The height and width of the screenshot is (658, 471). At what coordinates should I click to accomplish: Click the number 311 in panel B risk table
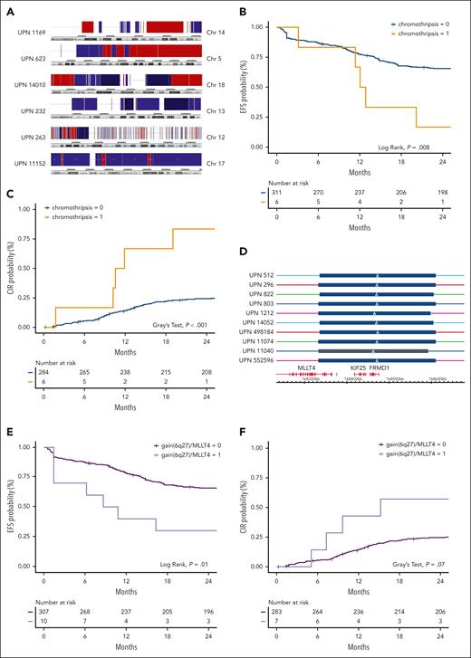275,192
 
